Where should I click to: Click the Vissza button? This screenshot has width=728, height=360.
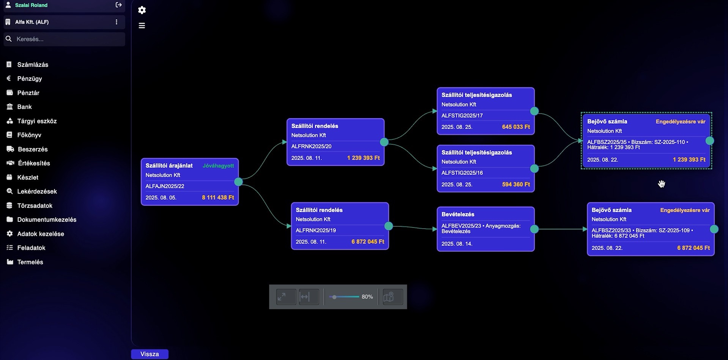tap(150, 354)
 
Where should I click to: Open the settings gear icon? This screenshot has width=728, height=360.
tap(142, 10)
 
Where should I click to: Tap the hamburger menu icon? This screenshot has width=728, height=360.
tap(142, 25)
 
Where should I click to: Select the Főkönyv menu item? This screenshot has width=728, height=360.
tap(29, 135)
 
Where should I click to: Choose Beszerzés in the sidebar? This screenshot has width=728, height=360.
tap(33, 149)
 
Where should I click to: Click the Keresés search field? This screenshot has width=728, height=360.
tap(65, 39)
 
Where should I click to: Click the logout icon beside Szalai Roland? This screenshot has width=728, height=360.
tap(118, 5)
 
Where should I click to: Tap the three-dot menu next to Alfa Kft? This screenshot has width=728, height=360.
tap(117, 22)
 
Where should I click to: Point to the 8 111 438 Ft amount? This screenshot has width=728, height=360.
tap(218, 197)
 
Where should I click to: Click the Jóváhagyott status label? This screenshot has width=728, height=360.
tap(218, 166)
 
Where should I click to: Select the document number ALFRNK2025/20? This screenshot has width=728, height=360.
tap(311, 146)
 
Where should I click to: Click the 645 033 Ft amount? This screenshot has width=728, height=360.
tap(516, 127)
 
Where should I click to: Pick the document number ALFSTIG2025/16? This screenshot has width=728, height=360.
tap(462, 173)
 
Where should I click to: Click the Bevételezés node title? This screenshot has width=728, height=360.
tap(458, 214)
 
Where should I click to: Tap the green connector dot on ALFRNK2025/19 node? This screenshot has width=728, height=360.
tap(389, 226)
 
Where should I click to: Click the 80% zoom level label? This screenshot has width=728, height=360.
tap(367, 297)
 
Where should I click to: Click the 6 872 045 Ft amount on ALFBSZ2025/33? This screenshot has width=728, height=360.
tap(693, 248)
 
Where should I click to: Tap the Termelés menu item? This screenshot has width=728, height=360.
tap(30, 262)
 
